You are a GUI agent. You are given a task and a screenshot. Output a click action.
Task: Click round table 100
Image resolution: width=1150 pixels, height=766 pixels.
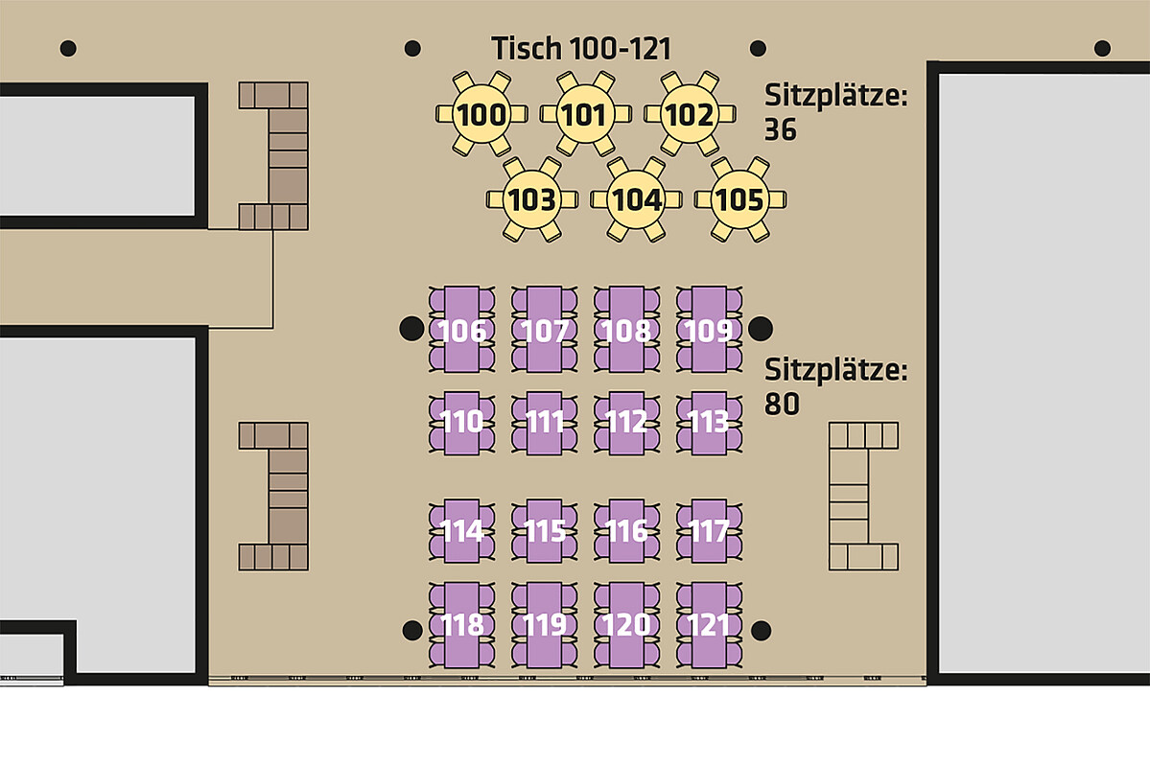point(481,114)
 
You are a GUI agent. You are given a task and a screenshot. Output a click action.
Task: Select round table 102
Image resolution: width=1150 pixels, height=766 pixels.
point(690,114)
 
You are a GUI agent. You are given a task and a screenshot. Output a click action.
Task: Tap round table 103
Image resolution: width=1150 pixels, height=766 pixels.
point(531,198)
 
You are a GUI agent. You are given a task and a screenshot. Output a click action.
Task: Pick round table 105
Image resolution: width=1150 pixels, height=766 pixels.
point(740,198)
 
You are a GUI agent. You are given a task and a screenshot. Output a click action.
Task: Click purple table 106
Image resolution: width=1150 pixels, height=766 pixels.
point(461,329)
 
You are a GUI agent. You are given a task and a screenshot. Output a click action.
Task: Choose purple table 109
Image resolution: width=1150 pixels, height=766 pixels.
point(709,329)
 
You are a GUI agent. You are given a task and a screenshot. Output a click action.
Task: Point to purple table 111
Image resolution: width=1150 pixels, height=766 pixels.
point(544,423)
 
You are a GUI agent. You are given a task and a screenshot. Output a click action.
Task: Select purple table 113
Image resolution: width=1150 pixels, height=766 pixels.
point(709,423)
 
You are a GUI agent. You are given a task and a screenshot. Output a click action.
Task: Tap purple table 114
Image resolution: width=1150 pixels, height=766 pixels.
point(461,531)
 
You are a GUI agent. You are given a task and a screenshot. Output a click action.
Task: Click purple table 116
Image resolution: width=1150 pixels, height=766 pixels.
point(626,531)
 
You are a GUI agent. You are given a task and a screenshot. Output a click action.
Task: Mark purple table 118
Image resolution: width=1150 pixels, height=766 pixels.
point(461,625)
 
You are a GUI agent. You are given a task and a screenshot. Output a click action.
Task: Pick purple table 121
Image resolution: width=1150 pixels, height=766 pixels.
point(709,625)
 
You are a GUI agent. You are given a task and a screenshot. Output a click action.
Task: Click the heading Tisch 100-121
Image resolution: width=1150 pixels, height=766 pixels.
point(581,48)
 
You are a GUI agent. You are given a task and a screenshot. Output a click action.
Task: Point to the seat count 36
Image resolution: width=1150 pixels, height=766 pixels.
point(781,129)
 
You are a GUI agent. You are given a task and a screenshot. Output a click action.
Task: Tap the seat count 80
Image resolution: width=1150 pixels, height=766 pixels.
point(782,404)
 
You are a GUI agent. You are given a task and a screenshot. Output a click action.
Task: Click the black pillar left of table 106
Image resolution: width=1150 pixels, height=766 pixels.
point(411,329)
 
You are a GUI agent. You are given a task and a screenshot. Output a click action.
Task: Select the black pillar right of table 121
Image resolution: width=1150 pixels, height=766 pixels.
point(762,631)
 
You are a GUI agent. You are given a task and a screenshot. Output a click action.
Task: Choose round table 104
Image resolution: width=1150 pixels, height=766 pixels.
point(636,198)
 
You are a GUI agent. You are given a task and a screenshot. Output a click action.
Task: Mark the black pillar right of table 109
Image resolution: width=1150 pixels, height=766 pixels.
point(760,329)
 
